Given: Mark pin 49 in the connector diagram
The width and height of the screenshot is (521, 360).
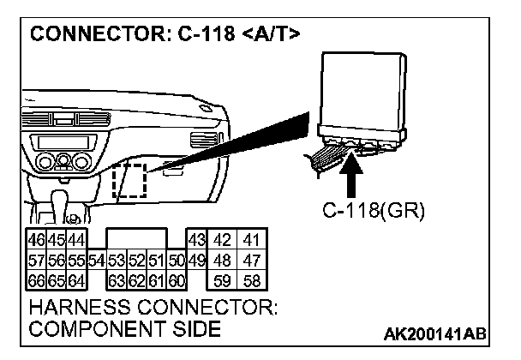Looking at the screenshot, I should (196, 259).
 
